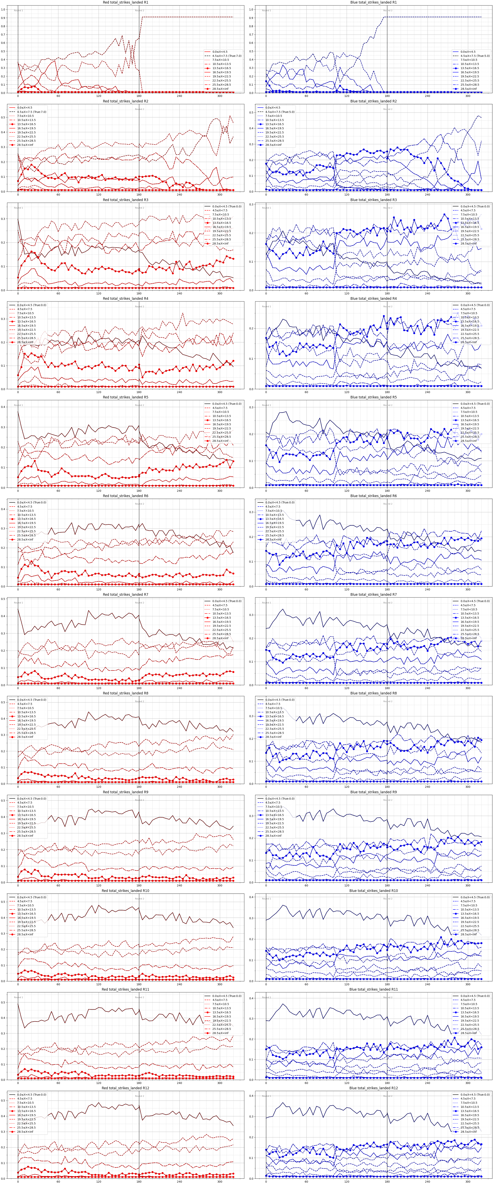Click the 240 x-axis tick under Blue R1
427,96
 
